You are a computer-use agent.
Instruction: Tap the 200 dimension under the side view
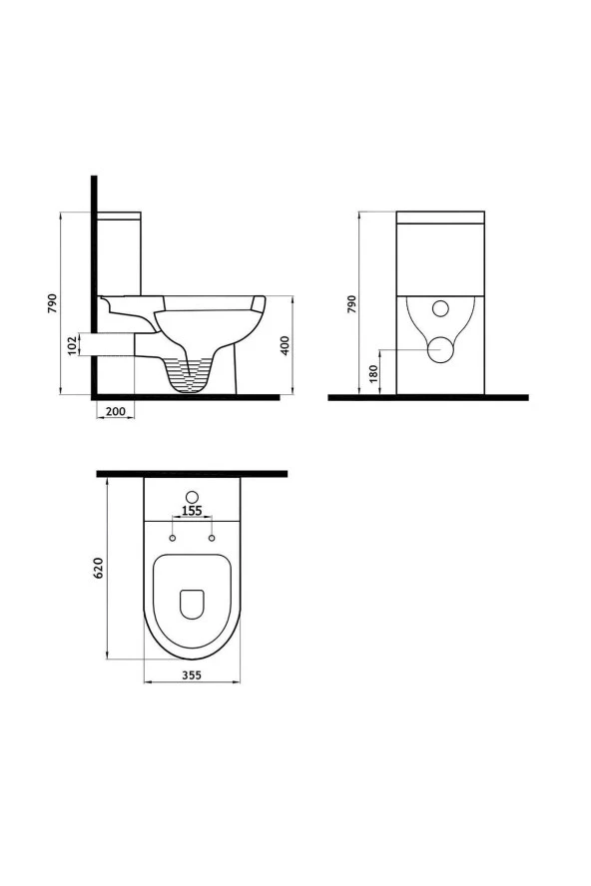114,412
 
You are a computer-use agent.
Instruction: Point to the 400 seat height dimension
286,345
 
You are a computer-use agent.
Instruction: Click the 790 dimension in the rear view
350,302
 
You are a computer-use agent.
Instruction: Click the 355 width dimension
193,675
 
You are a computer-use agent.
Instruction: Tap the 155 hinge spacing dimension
193,511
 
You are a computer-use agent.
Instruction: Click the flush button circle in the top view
193,497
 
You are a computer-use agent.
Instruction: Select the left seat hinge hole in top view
173,539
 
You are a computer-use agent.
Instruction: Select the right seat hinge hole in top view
213,539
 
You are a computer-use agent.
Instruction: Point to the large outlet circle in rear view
440,349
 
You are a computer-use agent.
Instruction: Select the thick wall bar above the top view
192,473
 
